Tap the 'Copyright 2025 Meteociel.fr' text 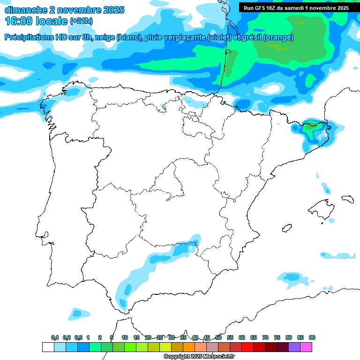pos(199,357)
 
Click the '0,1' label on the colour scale pos(55,337)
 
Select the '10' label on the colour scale pos(124,337)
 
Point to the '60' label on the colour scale pos(242,337)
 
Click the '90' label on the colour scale pos(312,337)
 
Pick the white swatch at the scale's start pos(48,347)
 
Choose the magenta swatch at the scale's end pos(306,347)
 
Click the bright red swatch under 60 pos(247,347)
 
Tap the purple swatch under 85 pos(294,347)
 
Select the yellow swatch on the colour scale pos(165,347)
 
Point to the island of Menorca pos(347,199)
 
